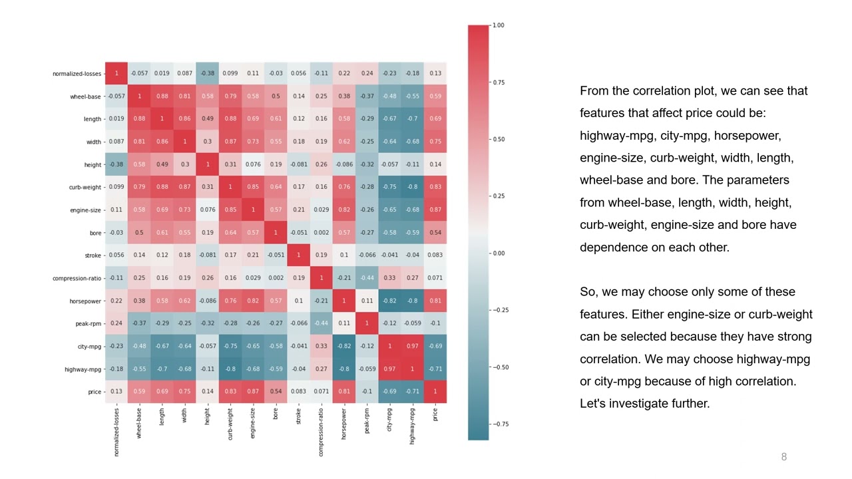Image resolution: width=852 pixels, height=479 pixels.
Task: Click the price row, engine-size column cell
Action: tap(253, 392)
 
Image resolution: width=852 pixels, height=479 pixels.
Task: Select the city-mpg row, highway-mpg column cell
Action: tap(412, 347)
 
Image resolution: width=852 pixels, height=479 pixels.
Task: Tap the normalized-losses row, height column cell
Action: tap(208, 74)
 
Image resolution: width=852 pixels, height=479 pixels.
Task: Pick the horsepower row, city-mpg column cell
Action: tap(389, 301)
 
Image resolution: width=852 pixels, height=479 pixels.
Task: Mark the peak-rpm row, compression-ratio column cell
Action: tap(321, 323)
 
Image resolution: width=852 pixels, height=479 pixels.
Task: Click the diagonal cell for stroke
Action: tap(298, 255)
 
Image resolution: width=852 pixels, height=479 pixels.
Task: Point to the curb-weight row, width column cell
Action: tap(185, 187)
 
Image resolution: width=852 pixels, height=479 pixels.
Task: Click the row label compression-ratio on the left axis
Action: tap(77, 278)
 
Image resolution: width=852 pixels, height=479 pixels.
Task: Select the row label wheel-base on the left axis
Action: tap(85, 96)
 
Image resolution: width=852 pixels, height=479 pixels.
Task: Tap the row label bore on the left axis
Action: tap(95, 233)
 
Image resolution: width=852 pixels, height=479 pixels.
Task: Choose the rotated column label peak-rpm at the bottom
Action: tap(367, 421)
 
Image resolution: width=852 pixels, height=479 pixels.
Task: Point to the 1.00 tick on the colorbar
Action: tap(497, 25)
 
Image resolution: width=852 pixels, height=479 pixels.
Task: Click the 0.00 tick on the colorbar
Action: tap(497, 253)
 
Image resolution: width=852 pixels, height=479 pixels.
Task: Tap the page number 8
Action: tap(784, 457)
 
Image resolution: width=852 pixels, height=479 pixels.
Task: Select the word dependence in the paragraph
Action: tap(610, 247)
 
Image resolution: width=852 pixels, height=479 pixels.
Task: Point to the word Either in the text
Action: tap(647, 314)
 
